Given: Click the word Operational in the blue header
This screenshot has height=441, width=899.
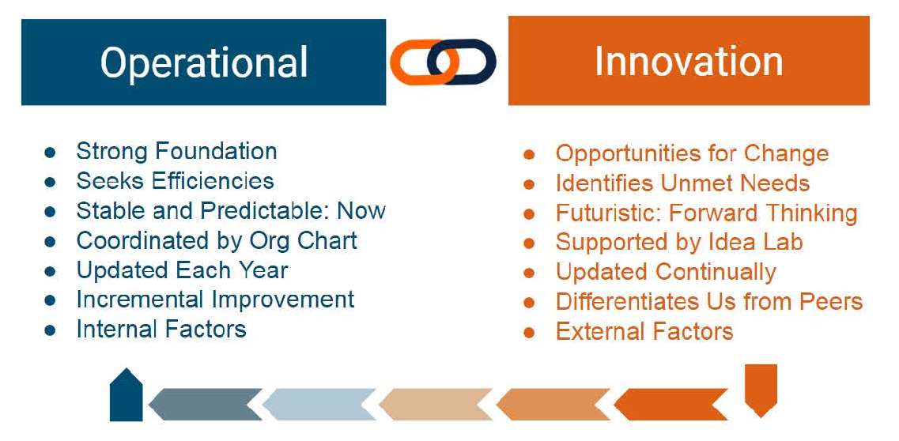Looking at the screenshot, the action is [204, 63].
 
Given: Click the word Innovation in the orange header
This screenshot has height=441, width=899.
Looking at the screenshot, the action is [689, 61].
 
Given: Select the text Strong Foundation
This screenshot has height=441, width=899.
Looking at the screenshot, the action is [176, 151].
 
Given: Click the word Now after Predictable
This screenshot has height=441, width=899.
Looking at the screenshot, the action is [361, 211].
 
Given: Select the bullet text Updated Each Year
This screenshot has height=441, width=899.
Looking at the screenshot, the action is [182, 270].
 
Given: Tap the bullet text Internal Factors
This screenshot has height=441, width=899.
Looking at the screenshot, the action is [161, 330].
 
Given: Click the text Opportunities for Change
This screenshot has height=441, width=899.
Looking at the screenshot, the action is [692, 154].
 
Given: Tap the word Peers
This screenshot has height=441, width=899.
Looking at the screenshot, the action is [835, 302].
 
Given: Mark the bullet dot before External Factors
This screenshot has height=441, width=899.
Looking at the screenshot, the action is [529, 332].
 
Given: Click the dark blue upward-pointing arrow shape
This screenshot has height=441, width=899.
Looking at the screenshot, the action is [127, 394].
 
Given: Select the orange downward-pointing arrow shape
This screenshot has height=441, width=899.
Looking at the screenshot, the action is [761, 390].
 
